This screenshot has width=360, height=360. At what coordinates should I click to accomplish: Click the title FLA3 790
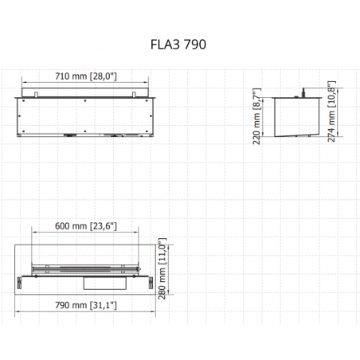point(178,45)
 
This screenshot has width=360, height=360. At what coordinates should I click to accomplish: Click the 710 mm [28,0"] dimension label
point(86,76)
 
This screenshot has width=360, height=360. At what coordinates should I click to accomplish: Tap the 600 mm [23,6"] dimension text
point(86,226)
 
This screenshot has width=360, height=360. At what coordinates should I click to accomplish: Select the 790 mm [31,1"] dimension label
point(86,305)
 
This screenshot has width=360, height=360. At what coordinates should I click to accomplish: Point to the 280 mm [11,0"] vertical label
point(162,268)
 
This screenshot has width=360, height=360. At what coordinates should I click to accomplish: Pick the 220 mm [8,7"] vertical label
point(256,116)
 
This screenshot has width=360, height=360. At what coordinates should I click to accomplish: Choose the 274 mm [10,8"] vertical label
point(331,112)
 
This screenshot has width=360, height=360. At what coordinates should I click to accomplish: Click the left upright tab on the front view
point(37,95)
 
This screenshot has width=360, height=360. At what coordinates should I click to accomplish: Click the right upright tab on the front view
point(134,95)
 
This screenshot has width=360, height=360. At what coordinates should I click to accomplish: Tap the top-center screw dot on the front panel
point(85,101)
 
